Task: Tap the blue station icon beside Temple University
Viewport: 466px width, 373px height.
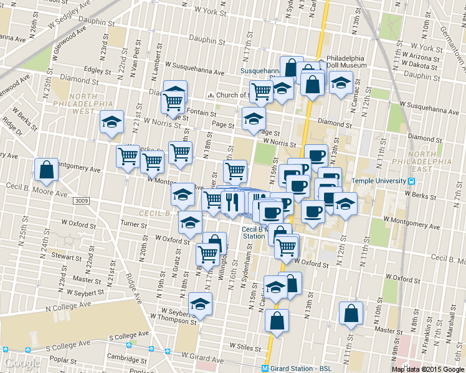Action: click(411, 181)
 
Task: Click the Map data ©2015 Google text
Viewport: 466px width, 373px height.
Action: click(428, 369)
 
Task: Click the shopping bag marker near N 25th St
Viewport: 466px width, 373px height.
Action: click(47, 169)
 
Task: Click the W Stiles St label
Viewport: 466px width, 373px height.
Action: click(244, 345)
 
